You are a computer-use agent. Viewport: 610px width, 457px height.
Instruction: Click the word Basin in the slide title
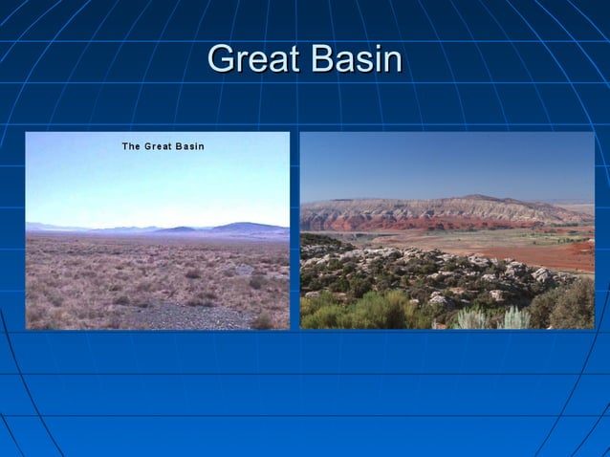point(354,59)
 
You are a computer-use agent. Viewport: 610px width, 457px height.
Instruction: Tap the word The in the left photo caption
point(131,146)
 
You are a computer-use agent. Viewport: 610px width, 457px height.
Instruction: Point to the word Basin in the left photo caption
point(189,146)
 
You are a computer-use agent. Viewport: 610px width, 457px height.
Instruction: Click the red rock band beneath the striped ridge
point(402,223)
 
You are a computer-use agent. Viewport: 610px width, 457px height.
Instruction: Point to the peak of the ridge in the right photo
point(488,197)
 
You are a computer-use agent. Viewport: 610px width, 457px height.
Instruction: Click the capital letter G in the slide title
point(220,59)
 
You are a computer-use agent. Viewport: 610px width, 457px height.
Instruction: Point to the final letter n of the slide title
point(391,61)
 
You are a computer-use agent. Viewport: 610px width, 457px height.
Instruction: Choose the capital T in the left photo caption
point(125,146)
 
